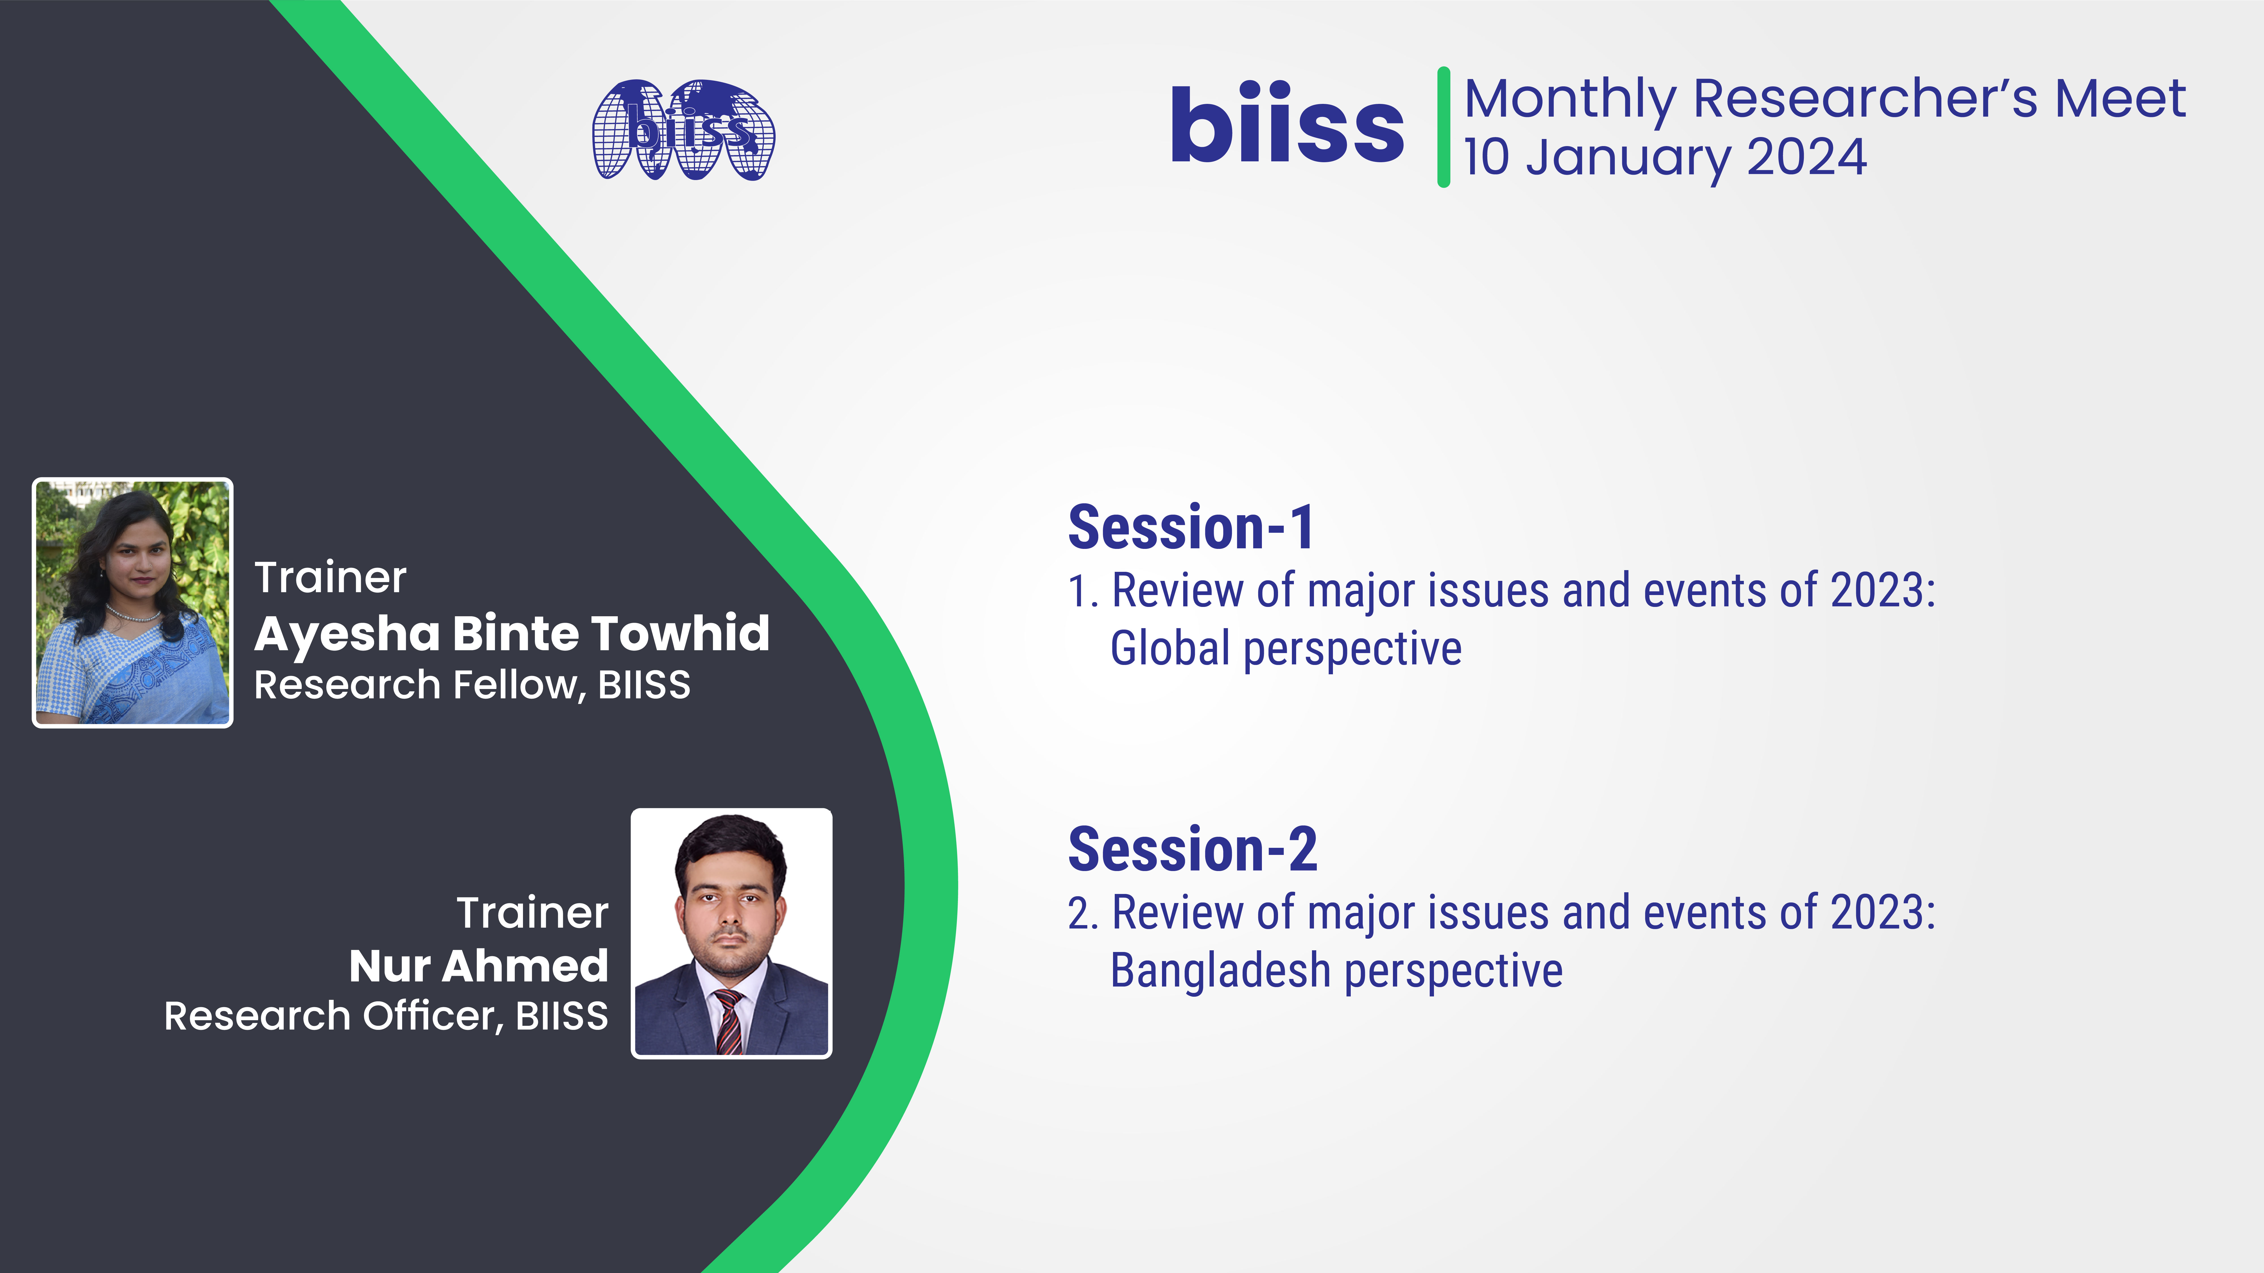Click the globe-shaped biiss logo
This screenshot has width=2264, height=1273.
(x=684, y=130)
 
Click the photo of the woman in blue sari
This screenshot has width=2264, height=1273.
(x=133, y=603)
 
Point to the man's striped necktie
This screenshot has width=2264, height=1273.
(x=729, y=1022)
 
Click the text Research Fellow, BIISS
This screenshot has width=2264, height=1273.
(x=472, y=685)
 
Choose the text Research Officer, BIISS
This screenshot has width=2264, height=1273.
(x=386, y=1016)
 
